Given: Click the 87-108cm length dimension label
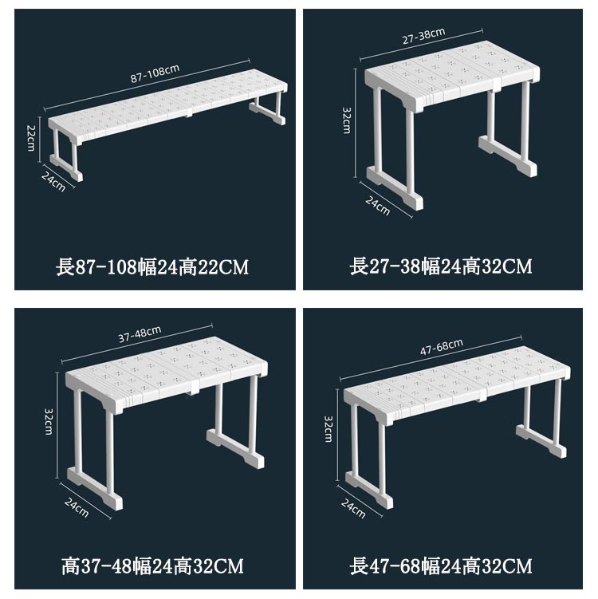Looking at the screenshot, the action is pyautogui.click(x=155, y=73).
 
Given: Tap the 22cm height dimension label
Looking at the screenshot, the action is pyautogui.click(x=31, y=137).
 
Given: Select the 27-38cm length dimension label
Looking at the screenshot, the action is pyautogui.click(x=424, y=36).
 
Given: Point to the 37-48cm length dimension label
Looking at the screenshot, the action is pyautogui.click(x=140, y=334).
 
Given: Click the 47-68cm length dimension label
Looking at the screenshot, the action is pyautogui.click(x=442, y=347).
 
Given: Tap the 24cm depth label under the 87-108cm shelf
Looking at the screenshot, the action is pyautogui.click(x=53, y=182).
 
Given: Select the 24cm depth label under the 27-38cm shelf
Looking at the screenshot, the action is pyautogui.click(x=378, y=206).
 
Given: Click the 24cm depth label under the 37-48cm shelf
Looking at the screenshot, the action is pyautogui.click(x=77, y=507).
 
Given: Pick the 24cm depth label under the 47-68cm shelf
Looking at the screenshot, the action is pyautogui.click(x=353, y=509).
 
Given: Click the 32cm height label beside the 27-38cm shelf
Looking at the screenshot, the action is pyautogui.click(x=347, y=120).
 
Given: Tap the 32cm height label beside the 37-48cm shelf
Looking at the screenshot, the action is pyautogui.click(x=49, y=421).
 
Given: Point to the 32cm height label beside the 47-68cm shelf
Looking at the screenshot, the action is pyautogui.click(x=329, y=429).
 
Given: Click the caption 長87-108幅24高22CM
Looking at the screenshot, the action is pyautogui.click(x=152, y=266).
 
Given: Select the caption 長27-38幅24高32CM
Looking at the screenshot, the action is pyautogui.click(x=441, y=266).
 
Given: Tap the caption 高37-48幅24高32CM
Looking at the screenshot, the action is pyautogui.click(x=152, y=566).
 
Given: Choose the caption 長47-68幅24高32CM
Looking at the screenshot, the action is pyautogui.click(x=441, y=566).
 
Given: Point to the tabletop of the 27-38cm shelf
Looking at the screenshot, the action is pyautogui.click(x=453, y=73).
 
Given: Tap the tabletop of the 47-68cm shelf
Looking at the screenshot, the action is pyautogui.click(x=457, y=382).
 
